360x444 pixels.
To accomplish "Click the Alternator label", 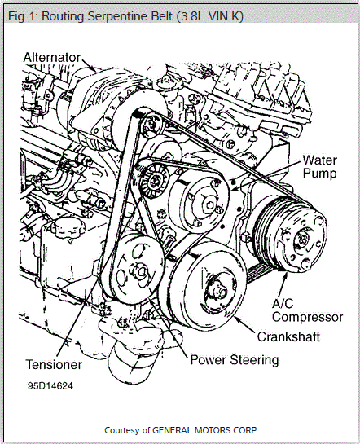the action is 52,58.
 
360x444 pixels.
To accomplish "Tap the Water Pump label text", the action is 320,166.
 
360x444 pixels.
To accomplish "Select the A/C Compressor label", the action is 307,310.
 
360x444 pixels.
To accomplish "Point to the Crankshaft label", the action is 288,336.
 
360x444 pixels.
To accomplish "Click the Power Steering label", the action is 235,359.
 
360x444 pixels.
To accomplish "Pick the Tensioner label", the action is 54,364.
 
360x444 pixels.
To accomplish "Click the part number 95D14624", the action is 50,385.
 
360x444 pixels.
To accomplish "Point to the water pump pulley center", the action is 209,204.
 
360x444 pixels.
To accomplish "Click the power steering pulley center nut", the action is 141,272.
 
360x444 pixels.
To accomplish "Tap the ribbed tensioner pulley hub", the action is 155,180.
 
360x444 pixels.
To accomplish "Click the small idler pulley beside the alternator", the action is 151,126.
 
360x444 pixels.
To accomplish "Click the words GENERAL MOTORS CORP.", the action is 204,430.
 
